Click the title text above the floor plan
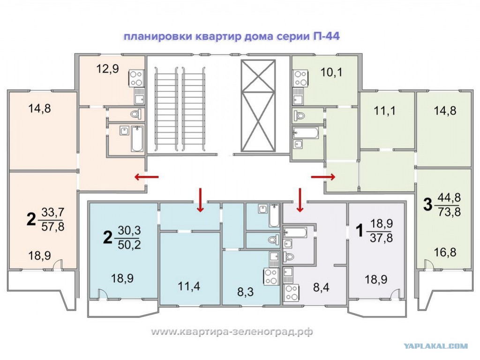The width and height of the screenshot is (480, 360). (232, 37)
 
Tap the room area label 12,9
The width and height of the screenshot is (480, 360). (107, 69)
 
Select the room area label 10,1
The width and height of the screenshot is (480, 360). (331, 73)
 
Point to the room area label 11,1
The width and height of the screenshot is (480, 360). (384, 111)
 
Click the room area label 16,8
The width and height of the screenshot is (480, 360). (445, 253)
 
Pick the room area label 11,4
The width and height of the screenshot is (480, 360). (189, 286)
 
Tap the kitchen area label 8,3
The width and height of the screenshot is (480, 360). (246, 292)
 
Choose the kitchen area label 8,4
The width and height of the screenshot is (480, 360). (321, 287)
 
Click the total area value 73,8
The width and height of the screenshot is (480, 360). (449, 212)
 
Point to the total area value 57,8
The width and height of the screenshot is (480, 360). (52, 226)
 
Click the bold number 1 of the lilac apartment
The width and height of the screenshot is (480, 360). (360, 231)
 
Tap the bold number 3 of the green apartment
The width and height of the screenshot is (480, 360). (427, 204)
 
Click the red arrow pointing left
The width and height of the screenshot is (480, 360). (147, 177)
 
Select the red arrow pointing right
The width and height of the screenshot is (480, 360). (323, 177)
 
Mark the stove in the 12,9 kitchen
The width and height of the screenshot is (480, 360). (136, 78)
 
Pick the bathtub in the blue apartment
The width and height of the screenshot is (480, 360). (274, 216)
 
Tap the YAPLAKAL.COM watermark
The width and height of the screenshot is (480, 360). (436, 346)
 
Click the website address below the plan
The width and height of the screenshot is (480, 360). (232, 331)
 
